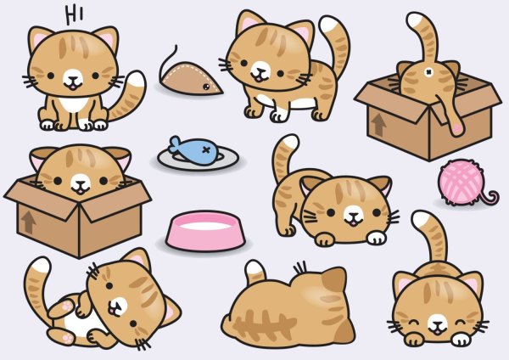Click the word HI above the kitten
[74, 14]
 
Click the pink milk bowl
[205, 230]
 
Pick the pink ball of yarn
[461, 183]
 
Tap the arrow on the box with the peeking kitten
[29, 222]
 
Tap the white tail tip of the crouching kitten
[286, 143]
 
